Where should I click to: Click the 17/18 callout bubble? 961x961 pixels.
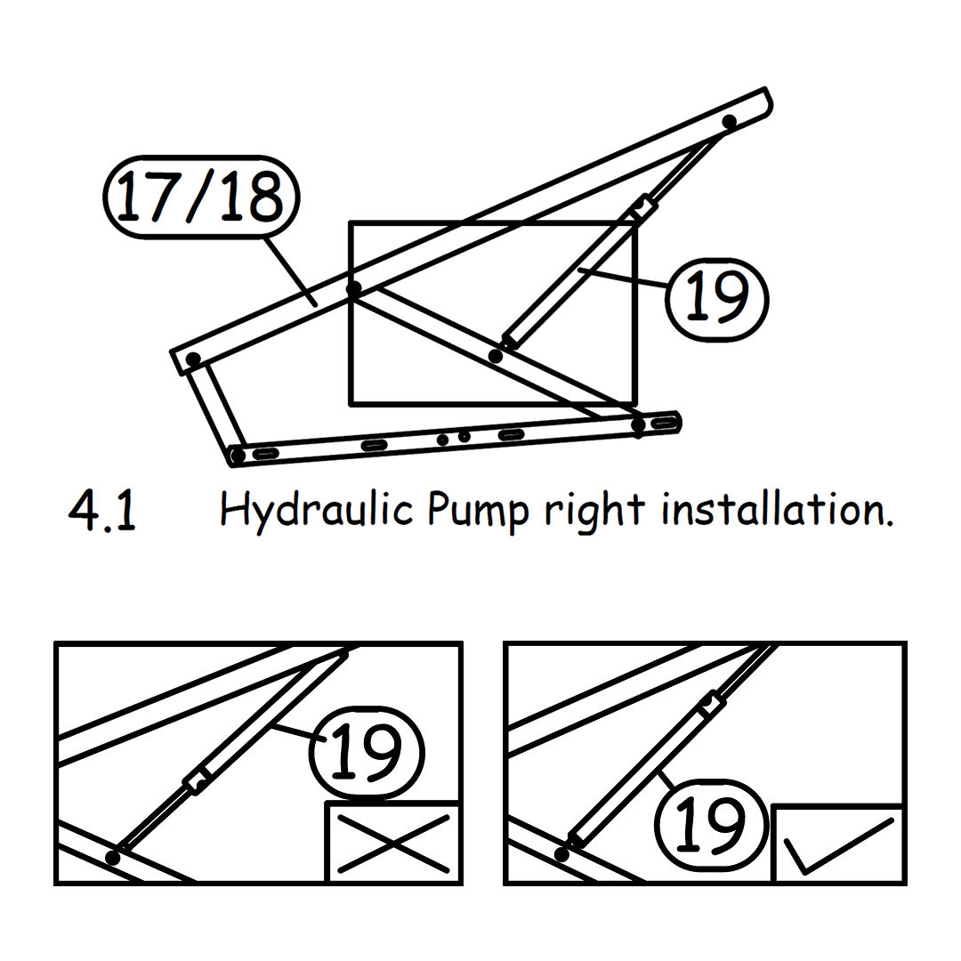[201, 196]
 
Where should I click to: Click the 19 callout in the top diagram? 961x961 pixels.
[716, 300]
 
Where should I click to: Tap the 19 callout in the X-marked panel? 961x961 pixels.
[367, 753]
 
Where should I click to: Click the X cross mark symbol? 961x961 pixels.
[393, 844]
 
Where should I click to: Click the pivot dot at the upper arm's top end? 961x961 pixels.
[730, 121]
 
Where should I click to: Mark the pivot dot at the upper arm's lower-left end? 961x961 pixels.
[193, 359]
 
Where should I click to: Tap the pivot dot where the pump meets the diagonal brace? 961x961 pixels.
[496, 355]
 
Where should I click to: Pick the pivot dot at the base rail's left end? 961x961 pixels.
[238, 456]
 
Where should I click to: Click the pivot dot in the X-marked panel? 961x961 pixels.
[113, 857]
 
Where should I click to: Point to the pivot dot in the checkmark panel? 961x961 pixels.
[561, 853]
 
